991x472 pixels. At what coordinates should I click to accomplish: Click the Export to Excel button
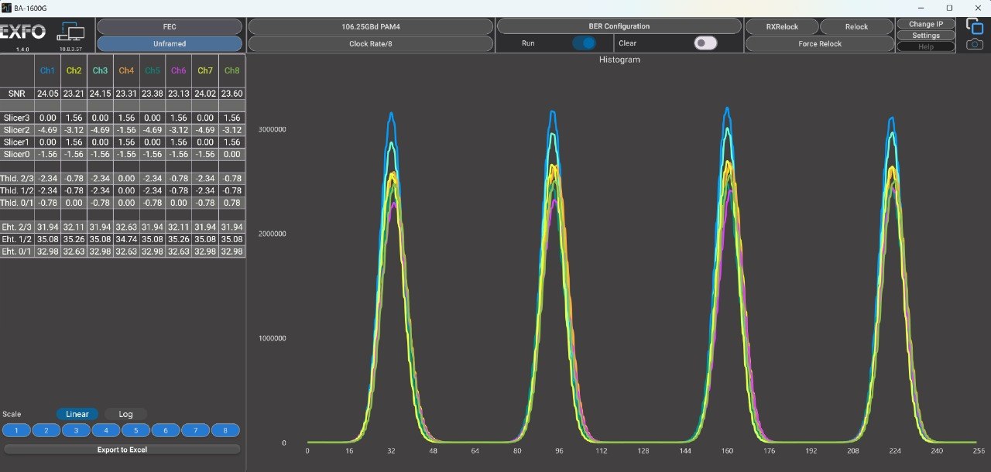pyautogui.click(x=122, y=450)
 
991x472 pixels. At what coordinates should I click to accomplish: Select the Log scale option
pyautogui.click(x=125, y=414)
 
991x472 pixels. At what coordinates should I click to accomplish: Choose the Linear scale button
pyautogui.click(x=77, y=414)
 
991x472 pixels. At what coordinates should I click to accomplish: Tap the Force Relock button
pyautogui.click(x=820, y=44)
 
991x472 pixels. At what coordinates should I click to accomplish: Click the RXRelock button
pyautogui.click(x=782, y=26)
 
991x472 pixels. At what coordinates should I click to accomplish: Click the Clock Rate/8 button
pyautogui.click(x=371, y=44)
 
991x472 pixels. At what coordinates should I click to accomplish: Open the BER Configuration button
pyautogui.click(x=619, y=26)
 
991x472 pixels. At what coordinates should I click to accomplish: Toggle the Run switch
pyautogui.click(x=584, y=43)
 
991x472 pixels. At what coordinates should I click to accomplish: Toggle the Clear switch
pyautogui.click(x=705, y=43)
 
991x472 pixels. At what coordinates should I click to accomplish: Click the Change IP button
pyautogui.click(x=926, y=24)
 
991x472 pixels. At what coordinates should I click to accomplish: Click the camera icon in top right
pyautogui.click(x=975, y=44)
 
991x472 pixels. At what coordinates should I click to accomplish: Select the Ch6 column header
pyautogui.click(x=178, y=70)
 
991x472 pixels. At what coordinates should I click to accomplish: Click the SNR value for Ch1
pyautogui.click(x=47, y=94)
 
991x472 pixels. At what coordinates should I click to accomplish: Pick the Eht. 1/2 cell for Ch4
pyautogui.click(x=126, y=239)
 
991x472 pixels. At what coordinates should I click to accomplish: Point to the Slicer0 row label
pyautogui.click(x=17, y=154)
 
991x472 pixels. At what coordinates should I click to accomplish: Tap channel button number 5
pyautogui.click(x=135, y=430)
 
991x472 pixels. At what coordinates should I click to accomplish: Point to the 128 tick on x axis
pyautogui.click(x=643, y=451)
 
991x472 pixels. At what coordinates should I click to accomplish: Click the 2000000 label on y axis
pyautogui.click(x=272, y=234)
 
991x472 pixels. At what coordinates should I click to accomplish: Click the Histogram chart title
pyautogui.click(x=619, y=60)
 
